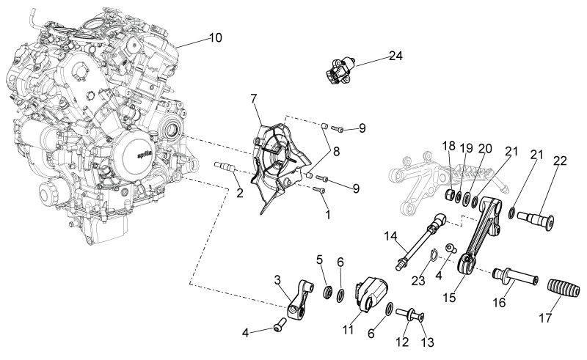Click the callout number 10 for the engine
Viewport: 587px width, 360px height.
point(215,38)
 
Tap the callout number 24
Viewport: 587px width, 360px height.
point(395,56)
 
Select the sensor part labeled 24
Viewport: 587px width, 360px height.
point(340,70)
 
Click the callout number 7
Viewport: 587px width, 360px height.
point(254,99)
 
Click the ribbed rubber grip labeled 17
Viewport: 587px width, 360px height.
point(564,290)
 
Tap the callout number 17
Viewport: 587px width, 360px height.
point(545,318)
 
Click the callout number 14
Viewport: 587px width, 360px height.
point(391,237)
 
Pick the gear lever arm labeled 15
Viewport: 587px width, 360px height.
point(480,236)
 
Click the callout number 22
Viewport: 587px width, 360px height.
point(560,161)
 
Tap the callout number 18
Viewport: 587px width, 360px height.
point(448,146)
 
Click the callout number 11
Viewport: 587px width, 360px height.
point(348,330)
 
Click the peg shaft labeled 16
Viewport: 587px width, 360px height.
point(516,276)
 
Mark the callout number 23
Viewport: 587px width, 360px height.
point(418,280)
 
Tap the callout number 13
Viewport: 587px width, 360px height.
point(427,342)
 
